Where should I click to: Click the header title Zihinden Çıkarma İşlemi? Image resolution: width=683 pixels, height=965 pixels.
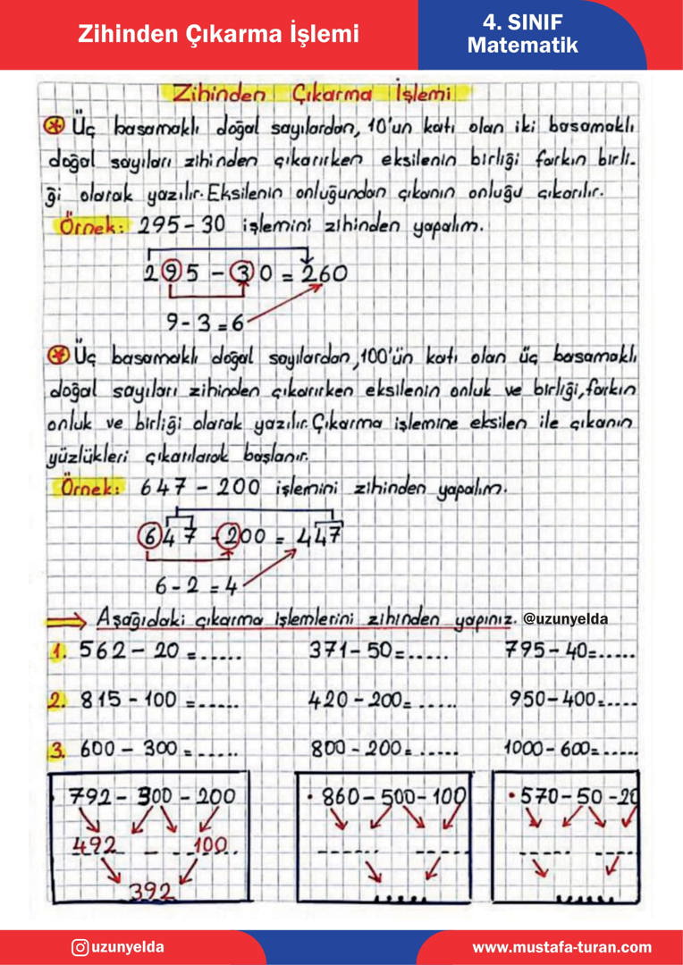tap(218, 34)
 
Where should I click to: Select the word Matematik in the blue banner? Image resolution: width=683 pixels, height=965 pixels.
tap(522, 46)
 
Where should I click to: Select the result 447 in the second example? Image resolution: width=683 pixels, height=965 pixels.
tap(318, 538)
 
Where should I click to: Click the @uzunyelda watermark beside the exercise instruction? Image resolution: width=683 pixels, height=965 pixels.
tap(565, 618)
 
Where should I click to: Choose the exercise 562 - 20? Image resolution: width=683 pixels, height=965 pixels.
tap(130, 651)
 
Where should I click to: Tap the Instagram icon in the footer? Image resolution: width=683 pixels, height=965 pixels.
tap(80, 947)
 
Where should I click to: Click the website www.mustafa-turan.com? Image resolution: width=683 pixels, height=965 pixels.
tap(561, 947)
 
